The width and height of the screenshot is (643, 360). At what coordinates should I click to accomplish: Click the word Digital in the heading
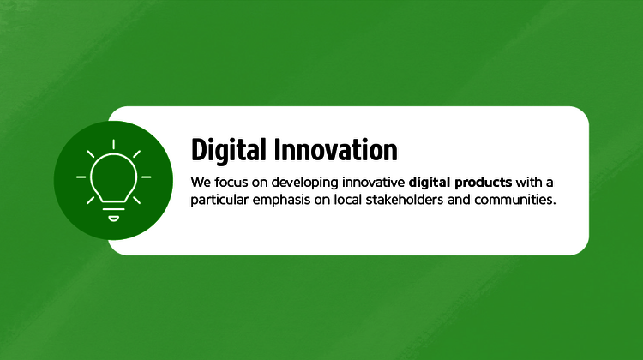229,150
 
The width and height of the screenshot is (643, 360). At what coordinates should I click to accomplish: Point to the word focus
231,183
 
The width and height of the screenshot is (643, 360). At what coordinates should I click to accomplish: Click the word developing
302,183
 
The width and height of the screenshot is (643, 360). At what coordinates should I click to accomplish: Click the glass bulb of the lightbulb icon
113,174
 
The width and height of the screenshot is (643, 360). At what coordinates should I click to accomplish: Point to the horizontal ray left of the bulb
81,177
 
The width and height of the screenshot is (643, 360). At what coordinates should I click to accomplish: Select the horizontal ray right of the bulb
146,177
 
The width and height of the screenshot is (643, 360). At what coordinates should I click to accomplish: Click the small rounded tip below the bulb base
113,218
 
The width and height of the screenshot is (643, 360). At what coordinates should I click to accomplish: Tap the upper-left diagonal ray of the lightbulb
91,154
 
